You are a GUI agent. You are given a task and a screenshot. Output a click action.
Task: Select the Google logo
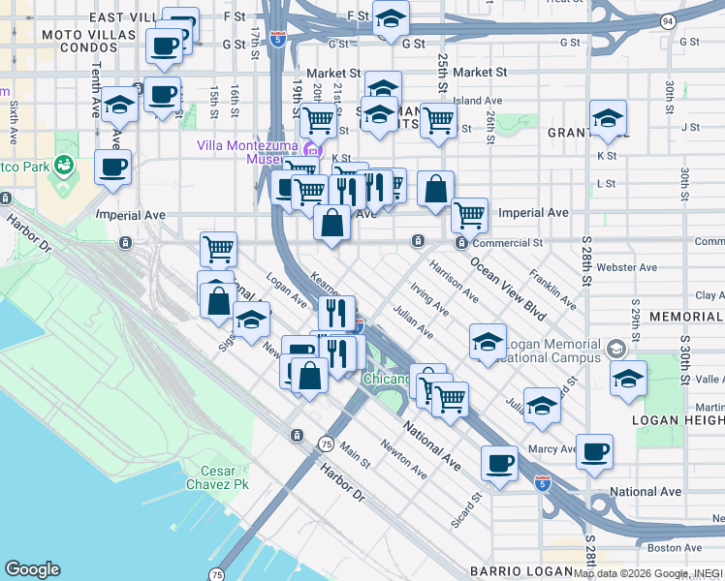pos(32,569)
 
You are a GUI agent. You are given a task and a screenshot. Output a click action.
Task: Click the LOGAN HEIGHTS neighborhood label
pos(678,420)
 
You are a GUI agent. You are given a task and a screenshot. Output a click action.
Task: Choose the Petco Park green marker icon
pos(65,166)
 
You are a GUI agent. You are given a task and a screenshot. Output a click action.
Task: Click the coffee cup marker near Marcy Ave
pos(594,449)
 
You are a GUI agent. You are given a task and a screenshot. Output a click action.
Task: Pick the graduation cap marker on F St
pos(391,17)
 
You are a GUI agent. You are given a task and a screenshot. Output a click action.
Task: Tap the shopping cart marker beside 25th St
pos(438,121)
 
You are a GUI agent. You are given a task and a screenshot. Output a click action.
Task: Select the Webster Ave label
pos(626,267)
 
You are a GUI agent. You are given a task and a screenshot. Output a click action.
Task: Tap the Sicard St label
pos(466,510)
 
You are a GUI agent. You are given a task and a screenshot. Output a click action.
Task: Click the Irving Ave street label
pos(429,300)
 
